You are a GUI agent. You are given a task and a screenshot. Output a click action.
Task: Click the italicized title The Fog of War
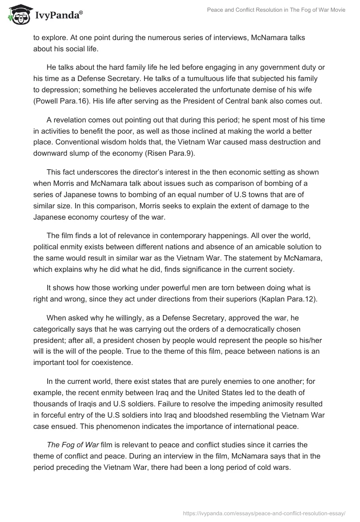pyautogui.click(x=72, y=445)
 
